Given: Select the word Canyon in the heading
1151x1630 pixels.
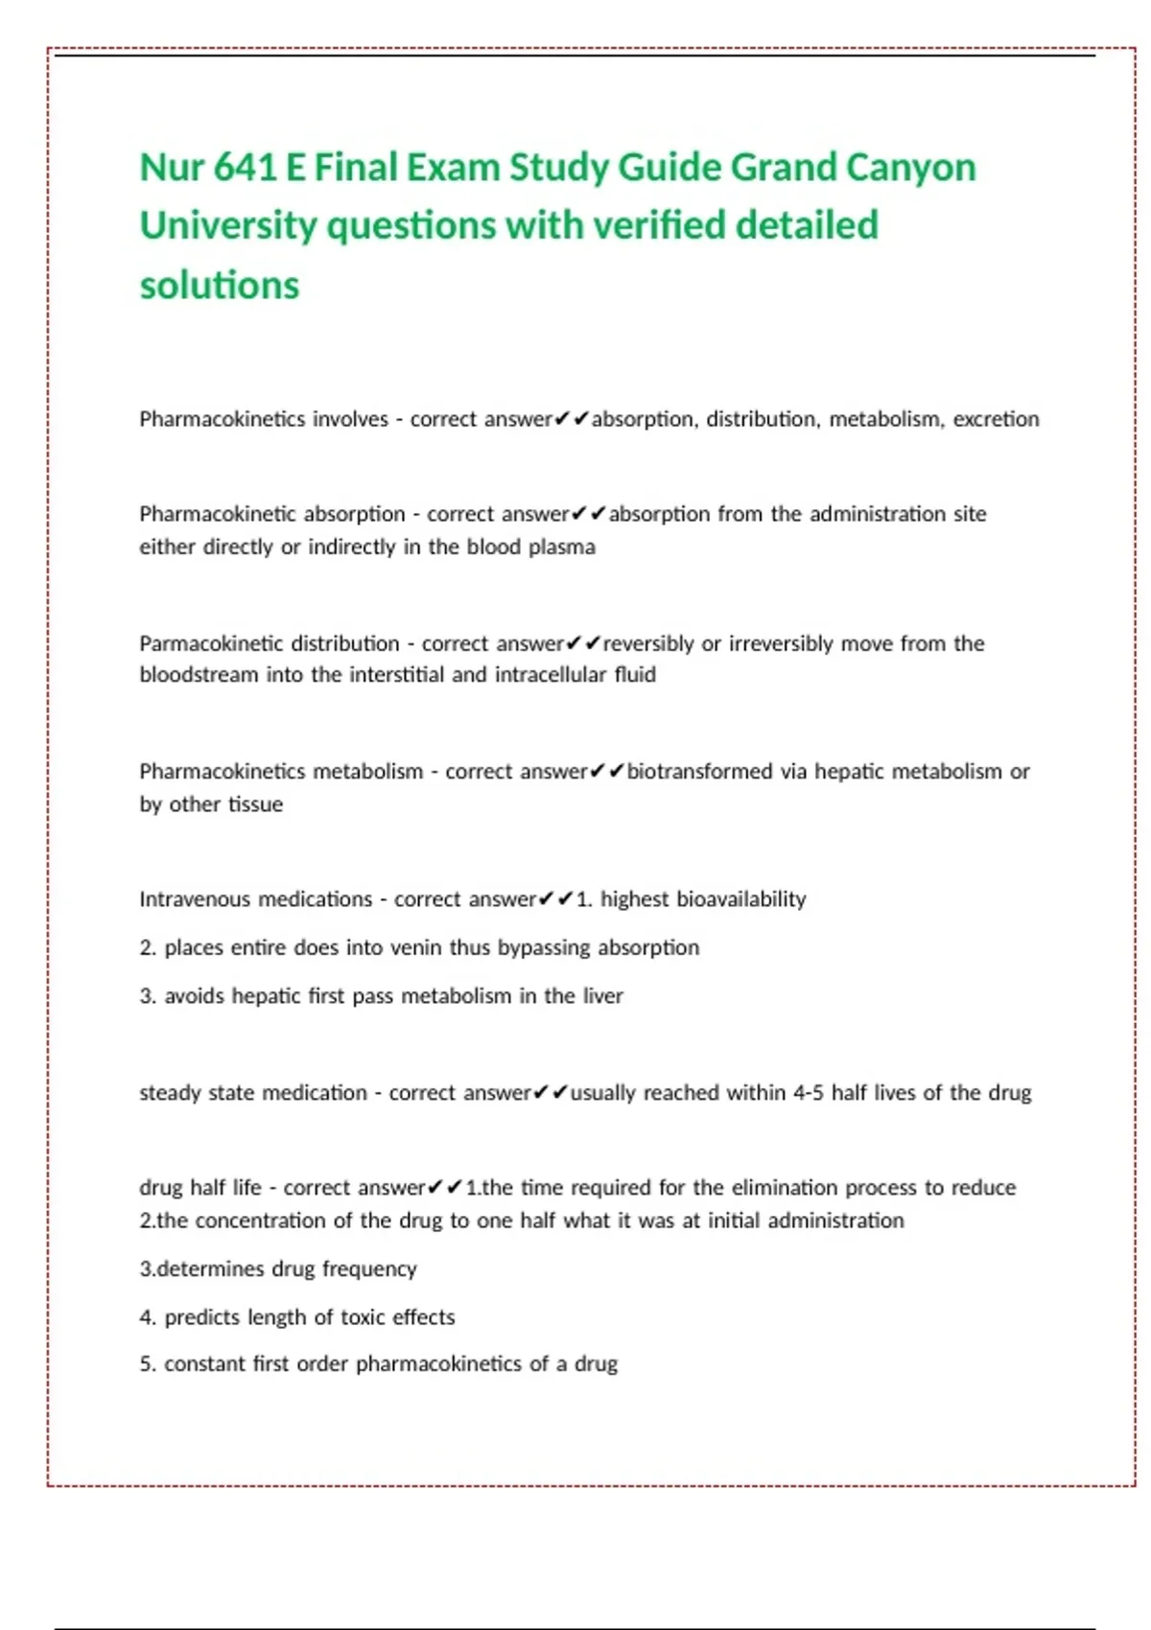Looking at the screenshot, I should [x=910, y=168].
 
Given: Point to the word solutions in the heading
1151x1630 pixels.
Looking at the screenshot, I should [x=220, y=286].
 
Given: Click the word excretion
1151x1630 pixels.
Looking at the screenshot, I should [x=996, y=419].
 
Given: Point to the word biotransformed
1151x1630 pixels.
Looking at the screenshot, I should [x=699, y=772].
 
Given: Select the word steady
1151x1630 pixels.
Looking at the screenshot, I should [x=169, y=1093].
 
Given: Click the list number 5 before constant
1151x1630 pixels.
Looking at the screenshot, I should [x=146, y=1364].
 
